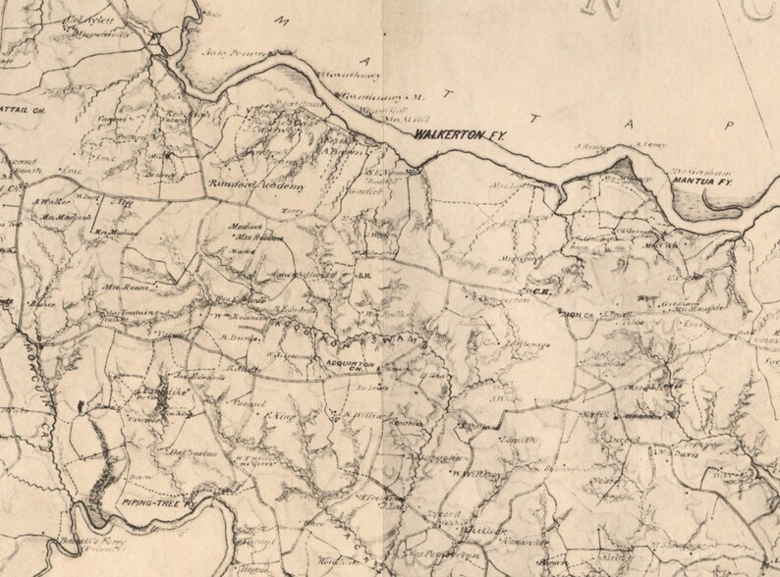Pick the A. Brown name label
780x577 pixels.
click(340, 152)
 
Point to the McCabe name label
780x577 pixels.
click(665, 246)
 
